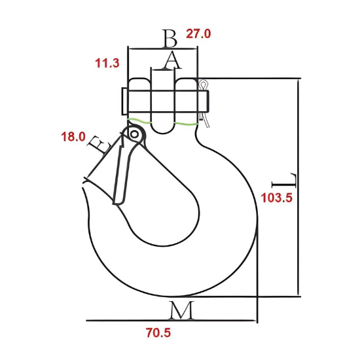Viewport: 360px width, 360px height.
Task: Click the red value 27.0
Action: [199, 34]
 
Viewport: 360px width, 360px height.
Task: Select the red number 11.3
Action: [107, 63]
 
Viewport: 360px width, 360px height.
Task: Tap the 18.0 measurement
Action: [73, 137]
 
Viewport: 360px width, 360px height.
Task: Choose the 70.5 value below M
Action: [158, 333]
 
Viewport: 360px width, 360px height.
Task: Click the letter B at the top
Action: [170, 38]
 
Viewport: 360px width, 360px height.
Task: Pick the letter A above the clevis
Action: [171, 60]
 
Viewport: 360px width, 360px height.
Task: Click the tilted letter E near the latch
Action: [98, 144]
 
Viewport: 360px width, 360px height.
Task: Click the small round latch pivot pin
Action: [134, 134]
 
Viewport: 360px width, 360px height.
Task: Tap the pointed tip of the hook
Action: [84, 190]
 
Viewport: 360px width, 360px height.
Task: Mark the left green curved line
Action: [140, 120]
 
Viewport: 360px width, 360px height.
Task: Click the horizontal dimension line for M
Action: [170, 321]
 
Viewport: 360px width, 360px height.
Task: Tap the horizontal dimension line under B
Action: [164, 48]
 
